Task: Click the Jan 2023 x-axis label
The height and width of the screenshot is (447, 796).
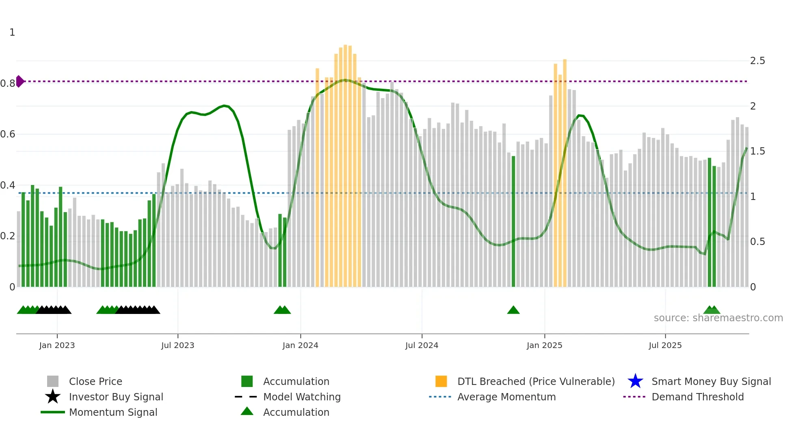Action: tap(57, 345)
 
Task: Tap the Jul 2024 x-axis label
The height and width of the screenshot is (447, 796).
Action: tap(422, 345)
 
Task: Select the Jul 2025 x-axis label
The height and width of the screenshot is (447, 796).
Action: tap(665, 345)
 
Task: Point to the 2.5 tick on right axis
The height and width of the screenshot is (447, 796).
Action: tap(757, 61)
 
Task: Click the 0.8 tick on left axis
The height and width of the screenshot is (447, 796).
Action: tap(7, 84)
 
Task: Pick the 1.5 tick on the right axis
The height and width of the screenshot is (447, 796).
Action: tap(757, 151)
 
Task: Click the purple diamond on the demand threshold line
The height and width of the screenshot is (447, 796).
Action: tap(19, 81)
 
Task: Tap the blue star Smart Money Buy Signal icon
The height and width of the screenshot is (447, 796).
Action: tap(635, 381)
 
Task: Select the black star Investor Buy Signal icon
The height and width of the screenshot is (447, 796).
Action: tap(53, 397)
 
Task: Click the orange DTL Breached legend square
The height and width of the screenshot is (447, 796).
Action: tap(441, 381)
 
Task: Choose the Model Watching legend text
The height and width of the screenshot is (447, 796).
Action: tap(302, 397)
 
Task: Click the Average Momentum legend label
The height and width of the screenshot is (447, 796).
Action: tap(506, 397)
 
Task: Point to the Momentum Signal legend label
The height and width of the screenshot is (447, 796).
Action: tap(113, 412)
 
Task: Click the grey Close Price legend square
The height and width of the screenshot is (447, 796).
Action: tap(53, 381)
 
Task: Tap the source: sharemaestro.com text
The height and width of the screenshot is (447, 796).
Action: tap(718, 318)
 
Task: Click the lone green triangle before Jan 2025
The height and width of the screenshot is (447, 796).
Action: tap(513, 310)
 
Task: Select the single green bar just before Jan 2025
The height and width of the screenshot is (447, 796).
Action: tap(513, 221)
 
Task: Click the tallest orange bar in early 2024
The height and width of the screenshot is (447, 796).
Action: tap(345, 162)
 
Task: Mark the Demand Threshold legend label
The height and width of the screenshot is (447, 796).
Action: tap(697, 397)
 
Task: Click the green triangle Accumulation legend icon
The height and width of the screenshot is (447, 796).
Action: tap(247, 411)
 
